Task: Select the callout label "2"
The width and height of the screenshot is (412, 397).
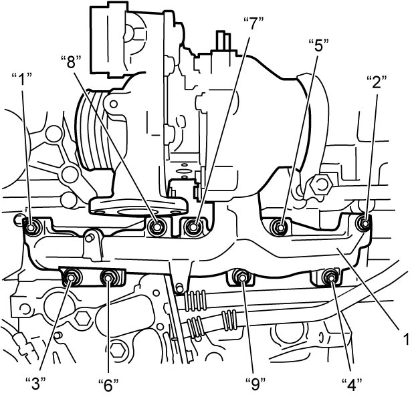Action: point(377,82)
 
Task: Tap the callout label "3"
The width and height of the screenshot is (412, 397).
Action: point(36,384)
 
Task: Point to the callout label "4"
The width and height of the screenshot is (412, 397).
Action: point(352,385)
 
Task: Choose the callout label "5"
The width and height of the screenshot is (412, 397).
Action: point(318,45)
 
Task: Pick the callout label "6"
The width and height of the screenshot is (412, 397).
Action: point(108,385)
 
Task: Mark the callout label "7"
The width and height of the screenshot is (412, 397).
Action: point(253,23)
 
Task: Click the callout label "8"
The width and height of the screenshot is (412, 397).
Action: point(71,63)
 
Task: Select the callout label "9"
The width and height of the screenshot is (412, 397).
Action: point(255,384)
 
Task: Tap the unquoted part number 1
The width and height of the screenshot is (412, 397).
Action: point(407,339)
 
